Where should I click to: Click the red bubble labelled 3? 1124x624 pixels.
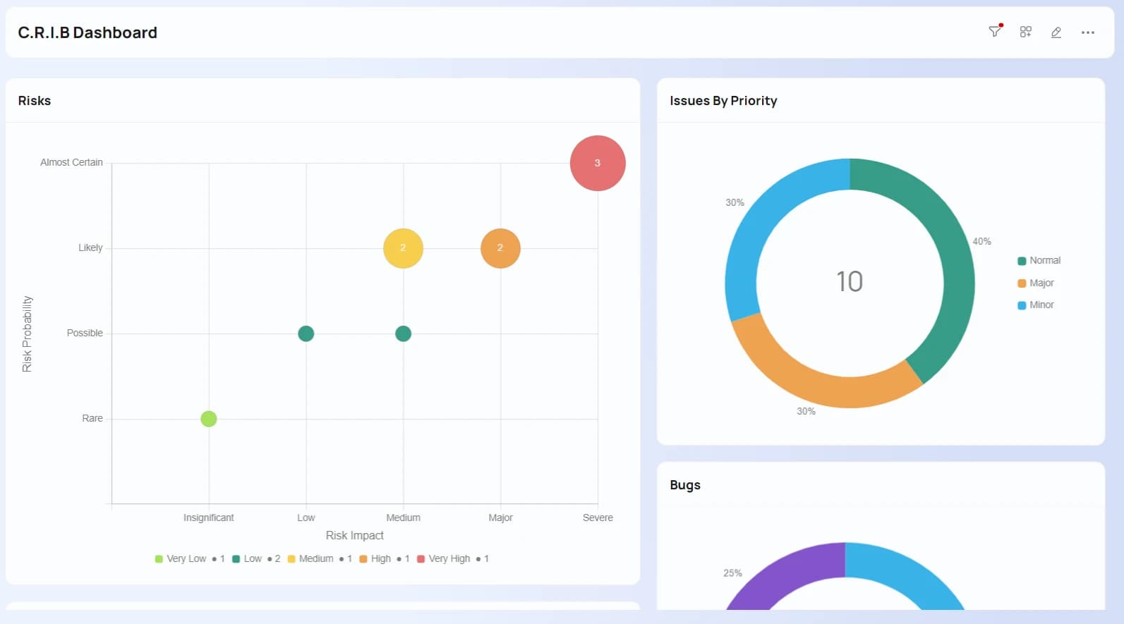tap(598, 163)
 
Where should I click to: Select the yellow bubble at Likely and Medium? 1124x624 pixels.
tap(403, 248)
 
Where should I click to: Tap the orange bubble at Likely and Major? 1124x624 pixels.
tap(500, 248)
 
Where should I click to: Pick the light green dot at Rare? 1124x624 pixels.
tap(209, 419)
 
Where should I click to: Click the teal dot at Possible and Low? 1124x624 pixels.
tap(306, 334)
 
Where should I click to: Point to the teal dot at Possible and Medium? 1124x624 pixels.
tap(403, 334)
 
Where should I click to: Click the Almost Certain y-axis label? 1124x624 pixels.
tap(71, 162)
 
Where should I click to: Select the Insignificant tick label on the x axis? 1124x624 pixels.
tap(209, 518)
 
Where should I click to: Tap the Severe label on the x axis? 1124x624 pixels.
tap(598, 518)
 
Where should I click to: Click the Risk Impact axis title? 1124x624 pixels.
tap(355, 536)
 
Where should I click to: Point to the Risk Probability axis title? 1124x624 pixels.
tap(27, 334)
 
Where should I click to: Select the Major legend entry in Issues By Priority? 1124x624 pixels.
tap(1036, 283)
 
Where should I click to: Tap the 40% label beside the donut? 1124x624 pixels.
tap(982, 241)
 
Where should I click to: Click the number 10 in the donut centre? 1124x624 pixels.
tap(850, 281)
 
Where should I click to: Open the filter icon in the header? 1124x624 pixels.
tap(995, 32)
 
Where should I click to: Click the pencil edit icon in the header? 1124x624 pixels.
tap(1056, 32)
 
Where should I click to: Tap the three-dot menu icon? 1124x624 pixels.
tap(1088, 32)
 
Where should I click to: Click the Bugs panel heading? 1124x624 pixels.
tap(685, 485)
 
